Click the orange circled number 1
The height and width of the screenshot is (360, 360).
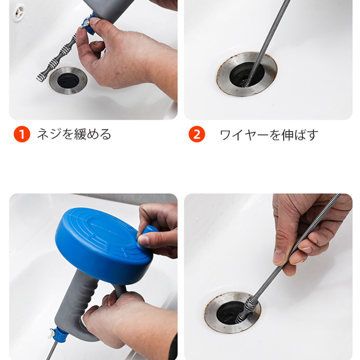point(22,134)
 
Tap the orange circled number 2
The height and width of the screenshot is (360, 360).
point(197,134)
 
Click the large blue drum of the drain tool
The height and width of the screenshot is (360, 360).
point(101,242)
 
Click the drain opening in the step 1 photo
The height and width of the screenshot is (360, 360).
point(68,80)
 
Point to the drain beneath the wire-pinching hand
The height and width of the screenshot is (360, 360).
point(232,312)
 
